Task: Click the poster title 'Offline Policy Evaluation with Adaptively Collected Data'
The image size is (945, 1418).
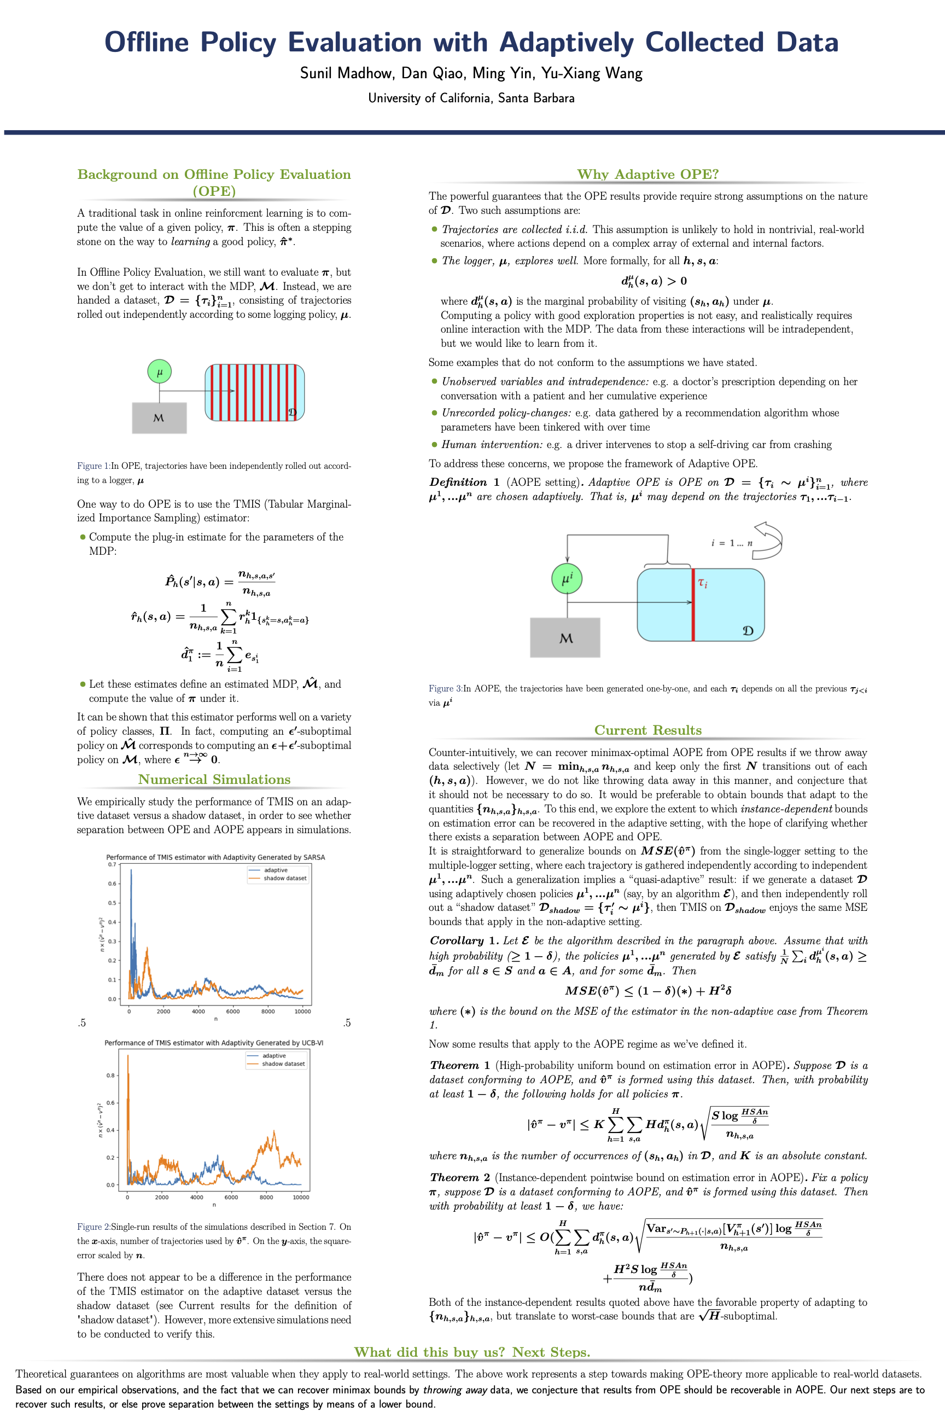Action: point(471,42)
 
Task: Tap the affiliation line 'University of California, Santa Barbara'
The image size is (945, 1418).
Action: point(471,98)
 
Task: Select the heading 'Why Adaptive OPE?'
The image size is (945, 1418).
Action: point(648,174)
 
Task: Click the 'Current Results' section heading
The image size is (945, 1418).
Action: point(648,730)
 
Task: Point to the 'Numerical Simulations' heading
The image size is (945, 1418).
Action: point(214,780)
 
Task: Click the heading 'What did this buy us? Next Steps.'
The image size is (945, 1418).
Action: point(472,1352)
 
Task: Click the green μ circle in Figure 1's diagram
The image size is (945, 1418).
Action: point(160,371)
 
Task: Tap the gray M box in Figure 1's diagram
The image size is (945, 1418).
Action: point(159,418)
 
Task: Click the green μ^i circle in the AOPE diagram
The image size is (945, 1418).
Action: point(567,579)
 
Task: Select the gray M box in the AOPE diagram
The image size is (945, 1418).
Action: point(565,638)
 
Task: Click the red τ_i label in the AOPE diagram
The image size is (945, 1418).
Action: point(703,583)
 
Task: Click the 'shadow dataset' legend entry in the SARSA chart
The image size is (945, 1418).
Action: point(284,879)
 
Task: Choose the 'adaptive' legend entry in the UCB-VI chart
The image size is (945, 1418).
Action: point(273,1056)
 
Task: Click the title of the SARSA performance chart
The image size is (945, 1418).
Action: point(215,857)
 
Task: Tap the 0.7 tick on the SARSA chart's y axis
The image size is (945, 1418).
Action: point(112,864)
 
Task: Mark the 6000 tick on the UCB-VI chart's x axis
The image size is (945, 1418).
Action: point(231,1198)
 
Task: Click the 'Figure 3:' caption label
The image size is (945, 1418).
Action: point(445,689)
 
